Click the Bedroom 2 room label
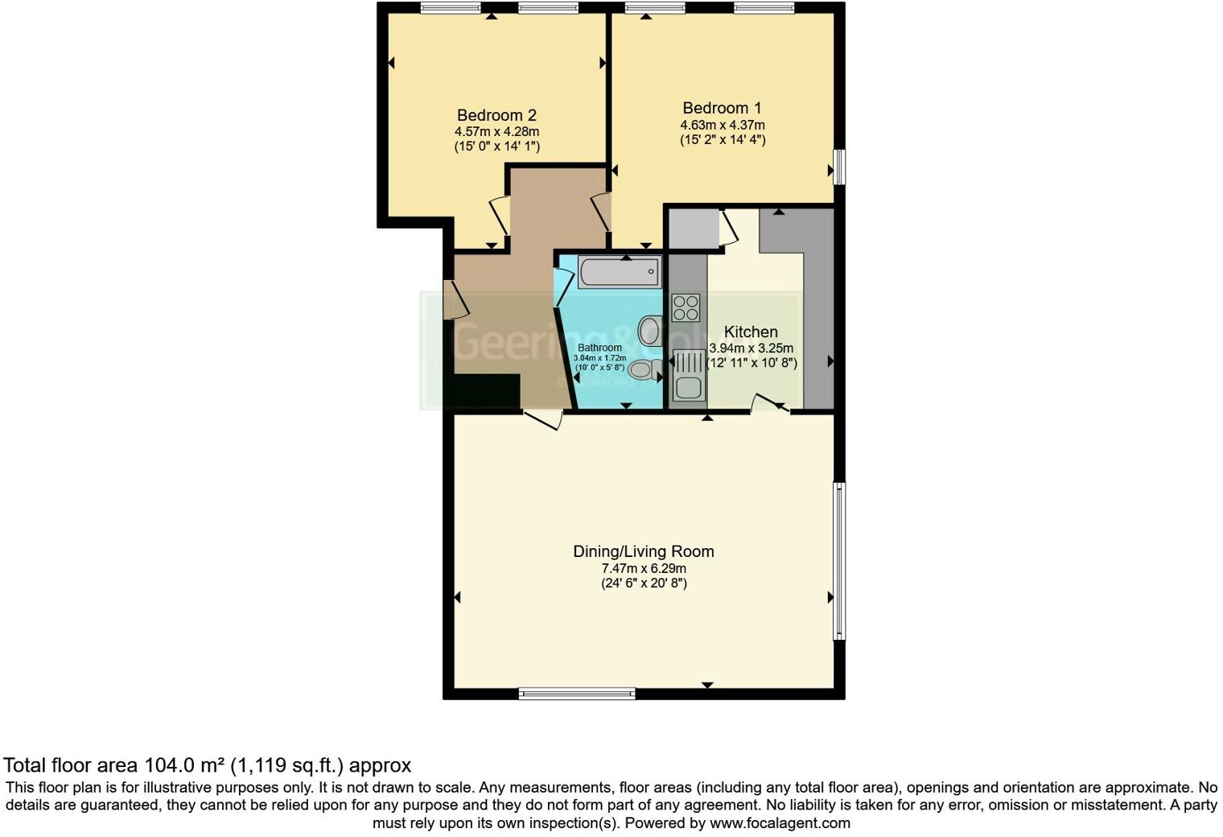(496, 115)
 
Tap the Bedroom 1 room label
(722, 108)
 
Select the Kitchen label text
(751, 332)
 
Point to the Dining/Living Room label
(643, 551)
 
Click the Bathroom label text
(599, 348)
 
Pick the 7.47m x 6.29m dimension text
(644, 568)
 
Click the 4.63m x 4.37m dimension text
(722, 125)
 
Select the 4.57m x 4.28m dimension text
(496, 132)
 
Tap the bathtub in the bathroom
(620, 272)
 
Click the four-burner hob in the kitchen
(686, 308)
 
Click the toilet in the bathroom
(644, 369)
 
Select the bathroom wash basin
(650, 330)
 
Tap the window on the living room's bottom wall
(577, 693)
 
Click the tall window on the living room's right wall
(838, 560)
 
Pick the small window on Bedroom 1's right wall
(838, 167)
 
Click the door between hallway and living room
(542, 419)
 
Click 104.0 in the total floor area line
(168, 765)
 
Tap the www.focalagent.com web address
(779, 823)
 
